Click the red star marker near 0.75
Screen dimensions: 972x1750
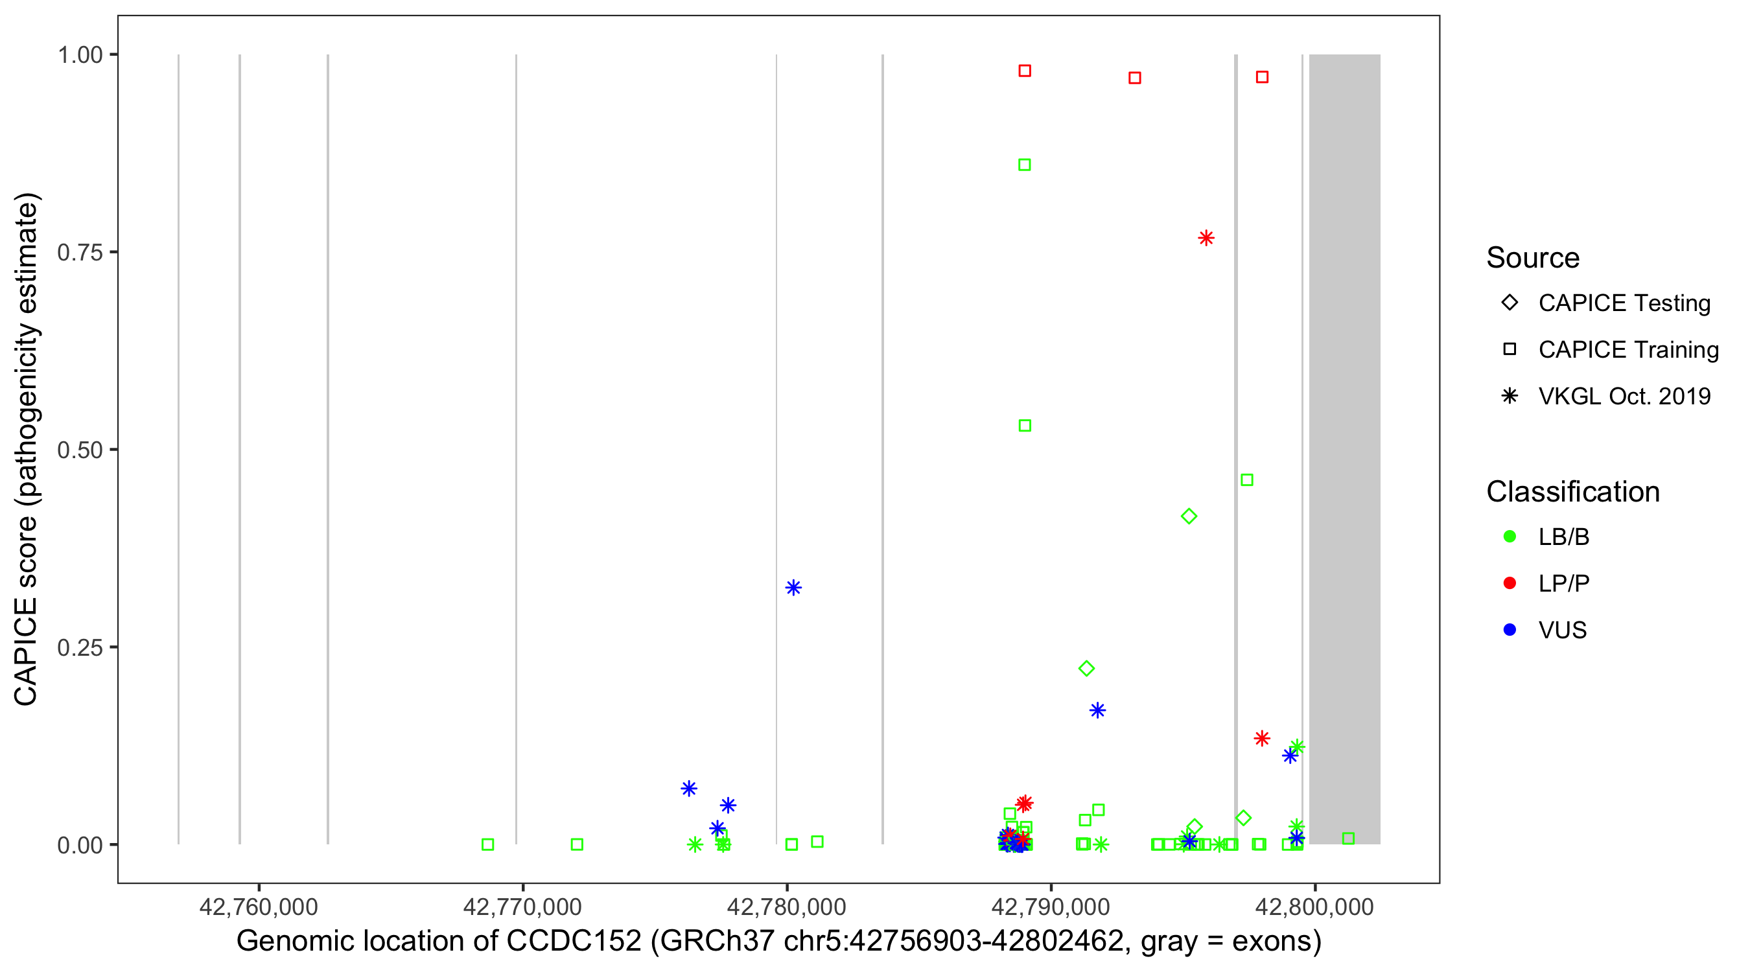tap(1206, 238)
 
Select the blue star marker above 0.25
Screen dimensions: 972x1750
tap(793, 588)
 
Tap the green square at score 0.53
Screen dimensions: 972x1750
tap(1025, 426)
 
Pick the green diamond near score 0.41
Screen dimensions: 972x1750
tap(1189, 516)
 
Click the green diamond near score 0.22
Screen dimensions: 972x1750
tap(1086, 668)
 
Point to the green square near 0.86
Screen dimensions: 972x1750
tap(1025, 165)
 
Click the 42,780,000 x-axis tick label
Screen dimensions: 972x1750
tap(787, 907)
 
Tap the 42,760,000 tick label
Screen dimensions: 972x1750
tap(258, 907)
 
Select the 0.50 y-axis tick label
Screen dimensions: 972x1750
tap(80, 450)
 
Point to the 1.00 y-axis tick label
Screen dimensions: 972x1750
tap(80, 54)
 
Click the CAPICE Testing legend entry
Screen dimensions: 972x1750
tap(1624, 303)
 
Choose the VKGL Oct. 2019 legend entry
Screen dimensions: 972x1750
tap(1624, 396)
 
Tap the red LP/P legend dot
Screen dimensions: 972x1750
tap(1510, 583)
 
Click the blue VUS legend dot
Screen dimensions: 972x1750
tap(1510, 630)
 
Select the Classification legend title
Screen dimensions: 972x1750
tap(1572, 492)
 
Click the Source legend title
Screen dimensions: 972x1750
tap(1533, 258)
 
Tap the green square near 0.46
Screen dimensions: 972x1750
tap(1246, 480)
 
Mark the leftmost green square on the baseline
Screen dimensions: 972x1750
tap(488, 844)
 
